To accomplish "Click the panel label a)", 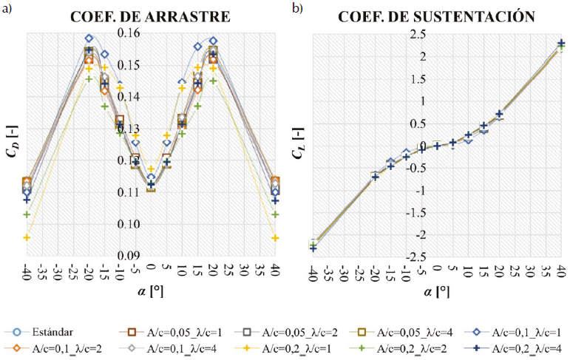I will click(9, 8).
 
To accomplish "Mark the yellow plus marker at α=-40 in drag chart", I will click(27, 237).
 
